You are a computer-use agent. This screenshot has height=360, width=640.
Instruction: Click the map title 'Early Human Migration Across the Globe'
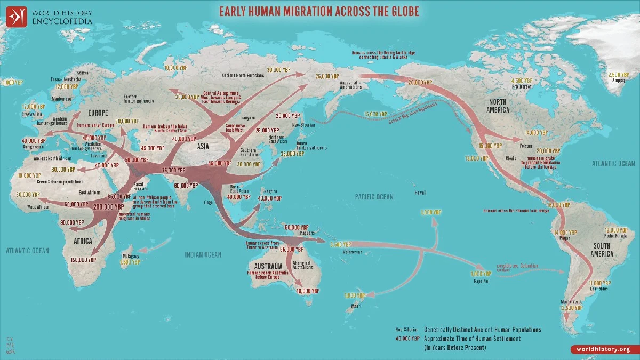click(x=320, y=11)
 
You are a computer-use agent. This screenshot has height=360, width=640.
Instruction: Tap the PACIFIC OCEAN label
click(x=374, y=197)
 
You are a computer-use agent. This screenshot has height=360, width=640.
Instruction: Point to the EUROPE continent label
click(x=95, y=113)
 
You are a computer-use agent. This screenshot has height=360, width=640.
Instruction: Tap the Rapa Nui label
click(x=474, y=279)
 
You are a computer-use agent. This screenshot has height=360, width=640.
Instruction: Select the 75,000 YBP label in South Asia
click(x=173, y=170)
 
